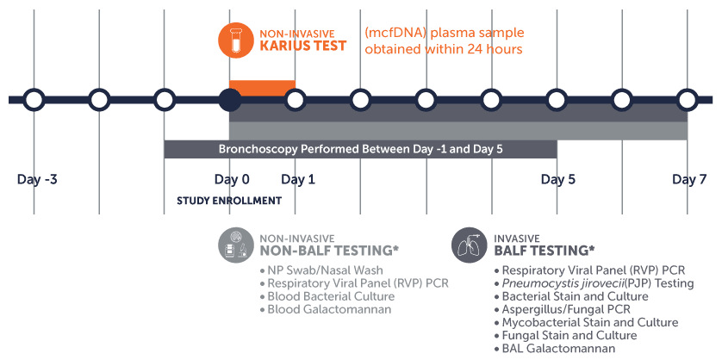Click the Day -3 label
click(x=37, y=180)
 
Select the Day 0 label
click(x=232, y=180)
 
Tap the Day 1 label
click(x=298, y=180)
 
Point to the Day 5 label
click(x=558, y=180)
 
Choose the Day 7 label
click(x=689, y=180)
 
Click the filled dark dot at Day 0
click(x=229, y=100)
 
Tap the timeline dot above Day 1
click(x=296, y=100)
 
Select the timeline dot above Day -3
click(x=34, y=100)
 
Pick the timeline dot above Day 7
click(x=687, y=100)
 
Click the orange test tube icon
click(x=235, y=39)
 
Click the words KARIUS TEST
click(x=303, y=46)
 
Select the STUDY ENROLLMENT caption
click(x=229, y=201)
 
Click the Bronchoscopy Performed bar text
click(x=360, y=149)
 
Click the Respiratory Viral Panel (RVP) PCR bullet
click(x=358, y=283)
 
